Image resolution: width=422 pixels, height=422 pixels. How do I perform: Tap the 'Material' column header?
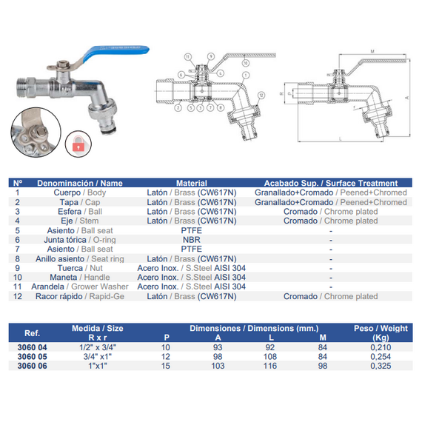pyautogui.click(x=191, y=183)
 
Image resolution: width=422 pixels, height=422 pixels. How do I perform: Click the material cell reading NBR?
pyautogui.click(x=191, y=240)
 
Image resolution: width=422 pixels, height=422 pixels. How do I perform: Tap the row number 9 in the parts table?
pyautogui.click(x=19, y=268)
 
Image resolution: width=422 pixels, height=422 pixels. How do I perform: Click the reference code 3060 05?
pyautogui.click(x=32, y=355)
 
